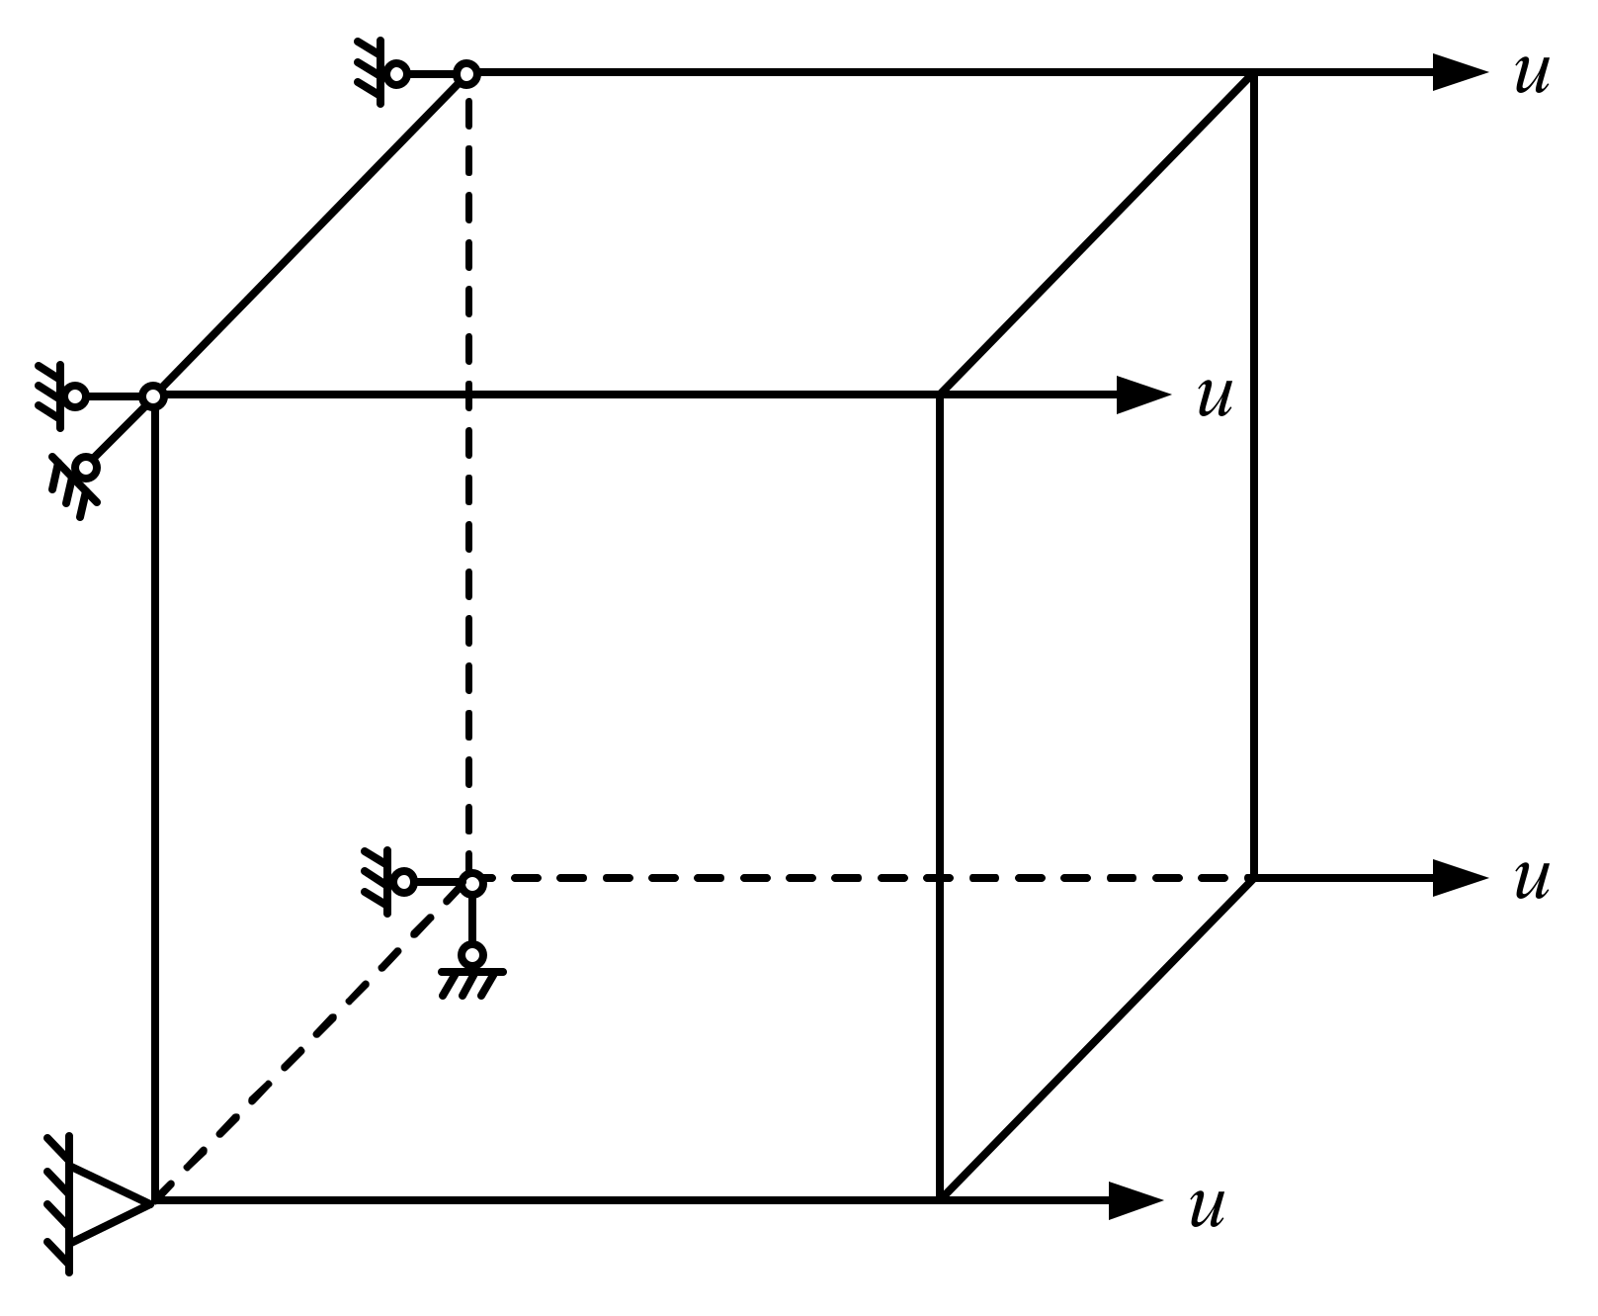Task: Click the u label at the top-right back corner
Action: click(1531, 74)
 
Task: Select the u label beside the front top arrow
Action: click(1215, 397)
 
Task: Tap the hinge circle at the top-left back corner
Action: click(467, 74)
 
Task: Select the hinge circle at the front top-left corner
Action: click(152, 396)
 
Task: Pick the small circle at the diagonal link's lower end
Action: click(87, 468)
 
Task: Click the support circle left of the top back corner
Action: click(397, 74)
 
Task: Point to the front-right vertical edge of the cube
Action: click(940, 791)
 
